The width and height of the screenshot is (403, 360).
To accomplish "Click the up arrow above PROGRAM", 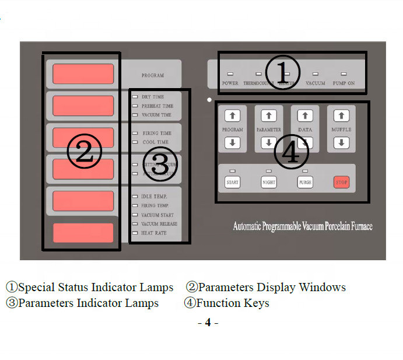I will [232, 116].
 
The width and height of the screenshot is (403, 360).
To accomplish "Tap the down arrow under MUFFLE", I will [342, 142].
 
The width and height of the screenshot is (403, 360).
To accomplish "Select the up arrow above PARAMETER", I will [268, 116].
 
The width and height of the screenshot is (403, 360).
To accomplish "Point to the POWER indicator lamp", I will [230, 75].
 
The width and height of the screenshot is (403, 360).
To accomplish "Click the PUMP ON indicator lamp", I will [344, 75].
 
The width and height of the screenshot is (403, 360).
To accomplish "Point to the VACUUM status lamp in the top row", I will [316, 75].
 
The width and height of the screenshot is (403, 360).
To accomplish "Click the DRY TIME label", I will [153, 97].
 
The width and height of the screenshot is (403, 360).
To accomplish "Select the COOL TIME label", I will [155, 142].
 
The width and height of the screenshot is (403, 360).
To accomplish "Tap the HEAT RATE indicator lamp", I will [135, 233].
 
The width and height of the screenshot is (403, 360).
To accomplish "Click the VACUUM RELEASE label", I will [159, 224].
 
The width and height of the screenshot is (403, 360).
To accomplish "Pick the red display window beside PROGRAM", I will [83, 74].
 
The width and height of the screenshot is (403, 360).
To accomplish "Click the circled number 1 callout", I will [282, 73].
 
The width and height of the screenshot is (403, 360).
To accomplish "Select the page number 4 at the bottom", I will [208, 322].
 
